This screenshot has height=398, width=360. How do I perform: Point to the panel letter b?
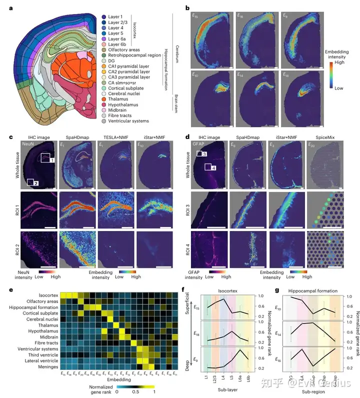pyautogui.click(x=187, y=7)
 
